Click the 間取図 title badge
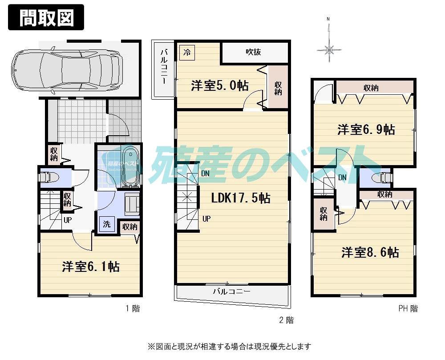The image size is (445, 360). tap(46, 17)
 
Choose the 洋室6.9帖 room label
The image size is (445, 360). tap(366, 129)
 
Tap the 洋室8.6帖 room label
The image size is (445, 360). tap(370, 253)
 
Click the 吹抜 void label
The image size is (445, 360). tap(253, 52)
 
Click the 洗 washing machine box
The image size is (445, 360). tap(107, 224)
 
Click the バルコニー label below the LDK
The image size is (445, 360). tap(231, 292)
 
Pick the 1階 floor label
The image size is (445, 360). tap(132, 308)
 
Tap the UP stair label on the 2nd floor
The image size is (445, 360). tap(207, 218)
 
